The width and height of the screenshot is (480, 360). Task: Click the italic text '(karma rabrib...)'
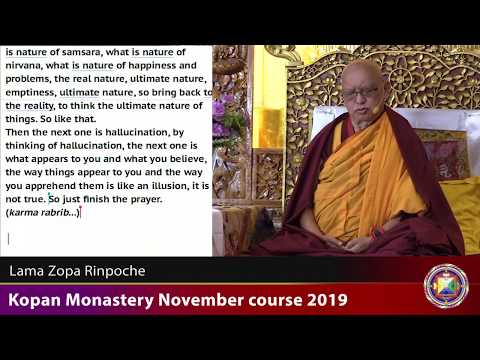(41, 212)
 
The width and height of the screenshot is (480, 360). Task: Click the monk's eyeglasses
(360, 92)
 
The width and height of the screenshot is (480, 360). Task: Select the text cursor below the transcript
(8, 238)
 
